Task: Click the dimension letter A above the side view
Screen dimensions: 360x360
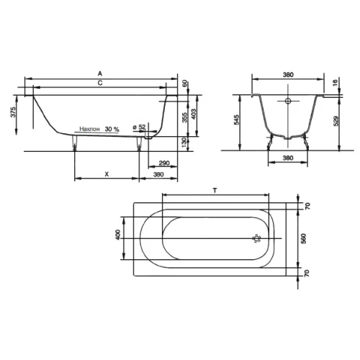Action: [x=100, y=73]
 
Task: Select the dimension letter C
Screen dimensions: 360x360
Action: [x=100, y=83]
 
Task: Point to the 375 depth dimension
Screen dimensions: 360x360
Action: [x=14, y=112]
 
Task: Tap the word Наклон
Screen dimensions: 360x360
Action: [x=89, y=129]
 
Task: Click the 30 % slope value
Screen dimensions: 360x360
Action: [x=112, y=129]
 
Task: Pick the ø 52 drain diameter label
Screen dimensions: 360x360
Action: [x=139, y=127]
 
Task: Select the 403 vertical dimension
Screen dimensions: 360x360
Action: [x=193, y=114]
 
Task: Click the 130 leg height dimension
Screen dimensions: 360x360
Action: [x=184, y=143]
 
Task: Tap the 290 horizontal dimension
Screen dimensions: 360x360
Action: [x=164, y=163]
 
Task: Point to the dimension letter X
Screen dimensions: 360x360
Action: [x=107, y=174]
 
